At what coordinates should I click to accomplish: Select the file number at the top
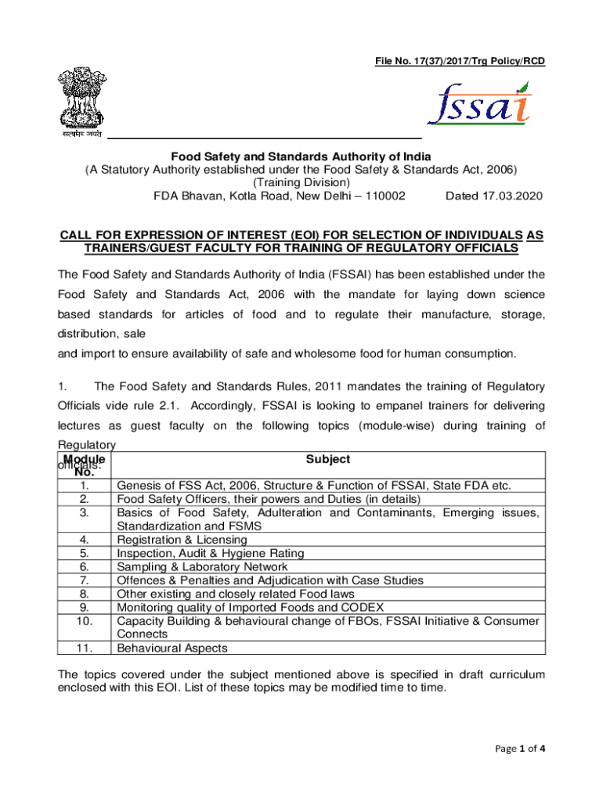coord(460,61)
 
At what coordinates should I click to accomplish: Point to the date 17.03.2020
coord(493,196)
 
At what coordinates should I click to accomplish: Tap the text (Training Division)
coord(301,182)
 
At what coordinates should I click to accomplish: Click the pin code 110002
coord(380,196)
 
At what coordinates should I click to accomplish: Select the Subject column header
coord(328,459)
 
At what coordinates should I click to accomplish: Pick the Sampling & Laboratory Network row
coord(202,566)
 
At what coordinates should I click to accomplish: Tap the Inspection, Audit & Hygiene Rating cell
coord(210,553)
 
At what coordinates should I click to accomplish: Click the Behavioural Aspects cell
coord(172,648)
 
